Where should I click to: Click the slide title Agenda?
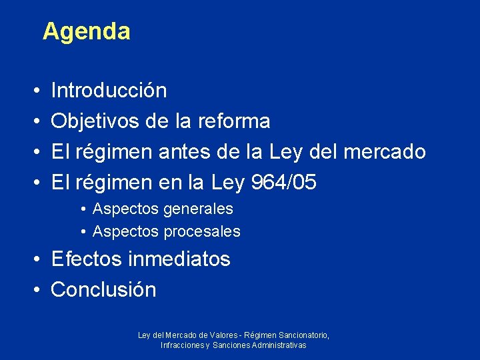(86, 31)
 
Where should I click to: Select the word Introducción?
(109, 90)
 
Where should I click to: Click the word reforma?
(233, 121)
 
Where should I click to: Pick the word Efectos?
(86, 259)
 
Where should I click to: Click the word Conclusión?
(103, 290)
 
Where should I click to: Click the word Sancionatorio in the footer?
(305, 335)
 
